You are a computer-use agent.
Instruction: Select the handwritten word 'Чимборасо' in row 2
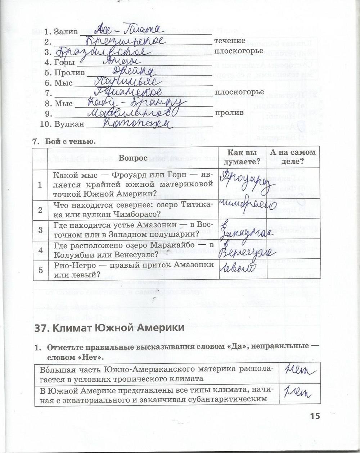click(x=246, y=206)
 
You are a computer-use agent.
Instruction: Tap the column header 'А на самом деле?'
click(x=288, y=157)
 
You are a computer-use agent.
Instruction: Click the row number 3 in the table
click(x=40, y=230)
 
